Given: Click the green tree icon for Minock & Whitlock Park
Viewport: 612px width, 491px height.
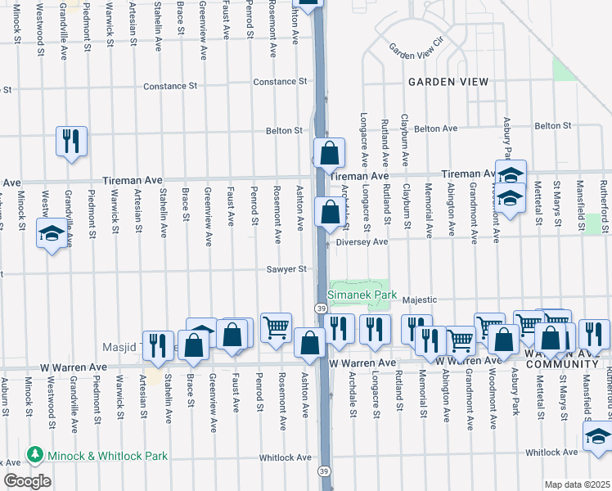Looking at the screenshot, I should tap(34, 453).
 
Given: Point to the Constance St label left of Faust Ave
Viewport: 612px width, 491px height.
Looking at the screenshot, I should tap(171, 86).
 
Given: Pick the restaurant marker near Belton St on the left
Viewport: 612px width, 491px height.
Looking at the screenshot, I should tap(72, 141).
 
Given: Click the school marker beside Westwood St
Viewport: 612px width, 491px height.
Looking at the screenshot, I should tap(52, 235).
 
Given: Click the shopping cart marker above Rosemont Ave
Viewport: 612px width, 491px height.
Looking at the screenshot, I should tap(277, 327).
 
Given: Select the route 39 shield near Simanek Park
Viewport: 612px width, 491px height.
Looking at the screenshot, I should tap(321, 308).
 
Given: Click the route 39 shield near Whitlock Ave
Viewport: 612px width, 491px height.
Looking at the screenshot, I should tap(325, 471).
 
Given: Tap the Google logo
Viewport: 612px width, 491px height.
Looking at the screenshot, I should tap(26, 481).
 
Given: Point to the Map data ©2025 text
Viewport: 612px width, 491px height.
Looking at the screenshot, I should tap(576, 484).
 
